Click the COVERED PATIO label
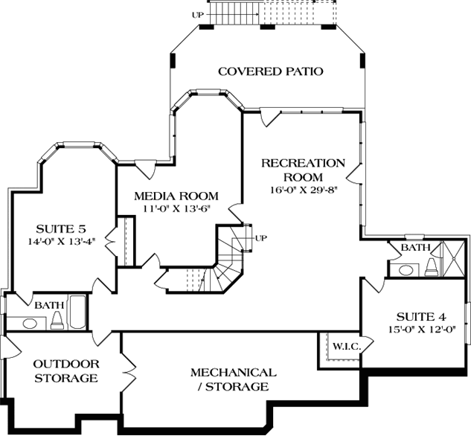[x=270, y=71]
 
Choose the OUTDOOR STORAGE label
[x=65, y=371]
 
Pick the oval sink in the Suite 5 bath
[x=30, y=323]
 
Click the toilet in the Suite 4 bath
[x=431, y=267]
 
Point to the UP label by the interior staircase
[x=260, y=238]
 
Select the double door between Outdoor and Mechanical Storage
[x=128, y=368]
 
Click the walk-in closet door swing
[x=326, y=344]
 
